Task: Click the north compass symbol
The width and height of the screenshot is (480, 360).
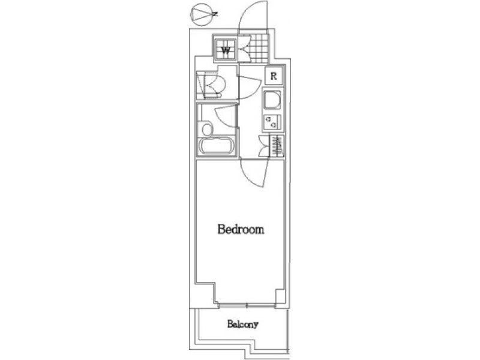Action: (201, 14)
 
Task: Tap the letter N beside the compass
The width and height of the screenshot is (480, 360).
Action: (215, 14)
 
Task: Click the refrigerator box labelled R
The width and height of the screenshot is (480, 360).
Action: (274, 76)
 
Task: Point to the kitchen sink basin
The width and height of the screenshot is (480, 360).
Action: (272, 100)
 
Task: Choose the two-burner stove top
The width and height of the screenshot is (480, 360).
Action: (272, 121)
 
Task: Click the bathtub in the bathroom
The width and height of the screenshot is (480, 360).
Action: (217, 146)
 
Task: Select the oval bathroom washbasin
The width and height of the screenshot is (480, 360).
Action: (207, 130)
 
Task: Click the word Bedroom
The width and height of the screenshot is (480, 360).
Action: (241, 229)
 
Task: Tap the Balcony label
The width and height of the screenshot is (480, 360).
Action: (243, 324)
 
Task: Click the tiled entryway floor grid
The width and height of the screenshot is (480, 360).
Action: (259, 47)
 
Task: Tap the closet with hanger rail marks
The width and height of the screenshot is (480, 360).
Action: (277, 146)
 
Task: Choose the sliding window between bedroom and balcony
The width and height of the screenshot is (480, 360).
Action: (247, 305)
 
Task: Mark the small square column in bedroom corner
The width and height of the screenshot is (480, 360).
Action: (280, 296)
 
